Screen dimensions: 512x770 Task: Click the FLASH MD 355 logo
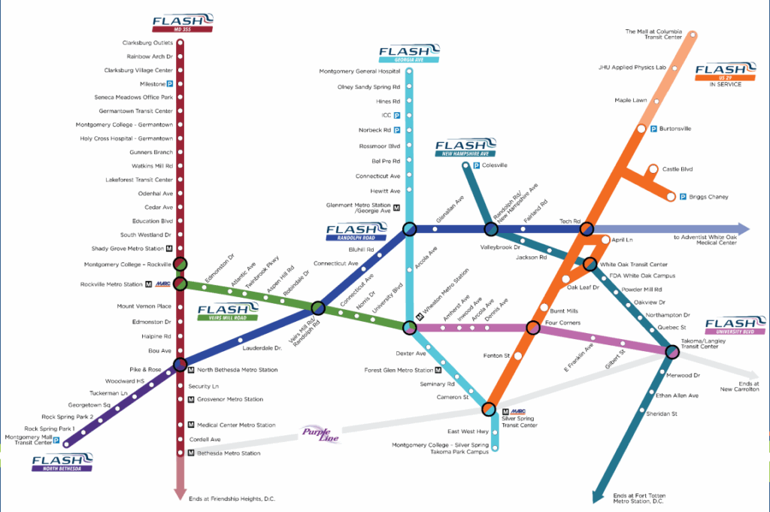click(x=182, y=22)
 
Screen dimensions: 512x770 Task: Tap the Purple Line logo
click(x=321, y=434)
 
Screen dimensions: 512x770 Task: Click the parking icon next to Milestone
click(x=170, y=84)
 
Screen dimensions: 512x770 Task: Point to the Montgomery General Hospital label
click(x=359, y=71)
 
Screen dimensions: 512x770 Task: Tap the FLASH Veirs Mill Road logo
click(x=223, y=311)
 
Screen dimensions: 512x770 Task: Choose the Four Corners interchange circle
click(x=533, y=328)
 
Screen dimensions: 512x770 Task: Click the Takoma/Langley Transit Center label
click(x=706, y=344)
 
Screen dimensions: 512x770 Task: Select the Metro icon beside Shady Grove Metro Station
click(x=170, y=248)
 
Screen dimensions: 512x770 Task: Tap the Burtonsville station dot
click(x=641, y=129)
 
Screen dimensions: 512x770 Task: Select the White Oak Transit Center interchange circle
click(x=590, y=265)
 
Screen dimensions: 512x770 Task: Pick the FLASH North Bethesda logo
click(x=62, y=462)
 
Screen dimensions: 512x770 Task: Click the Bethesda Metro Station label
click(x=229, y=453)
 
